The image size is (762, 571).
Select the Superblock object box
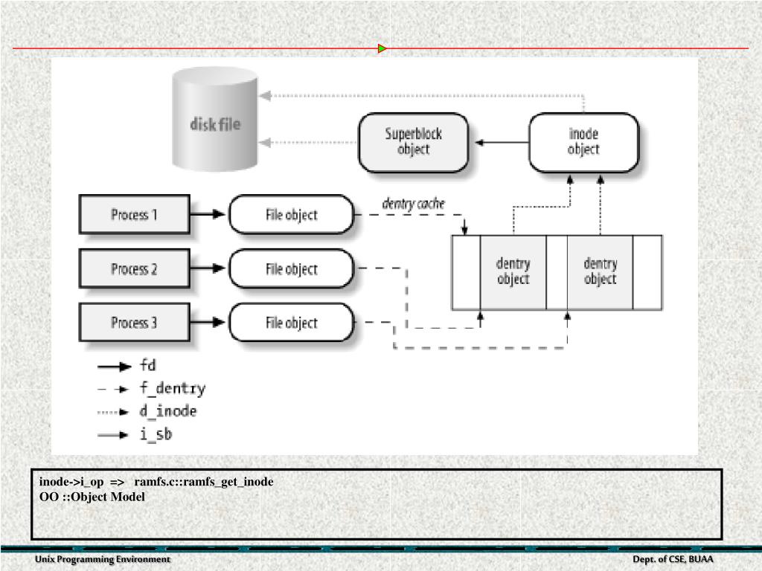413,142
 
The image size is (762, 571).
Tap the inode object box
583,142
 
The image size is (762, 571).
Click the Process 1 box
134,215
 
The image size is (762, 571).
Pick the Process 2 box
134,269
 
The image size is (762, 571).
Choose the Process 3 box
134,323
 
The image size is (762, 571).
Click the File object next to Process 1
291,215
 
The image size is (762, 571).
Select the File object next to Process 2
291,269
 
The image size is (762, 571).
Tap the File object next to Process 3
291,323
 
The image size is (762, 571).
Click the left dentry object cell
513,271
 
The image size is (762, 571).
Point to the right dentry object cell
600,271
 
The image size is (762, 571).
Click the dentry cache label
413,203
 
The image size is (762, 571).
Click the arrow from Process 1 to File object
208,215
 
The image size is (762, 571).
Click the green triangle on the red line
382,49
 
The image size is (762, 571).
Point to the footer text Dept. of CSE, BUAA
673,559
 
